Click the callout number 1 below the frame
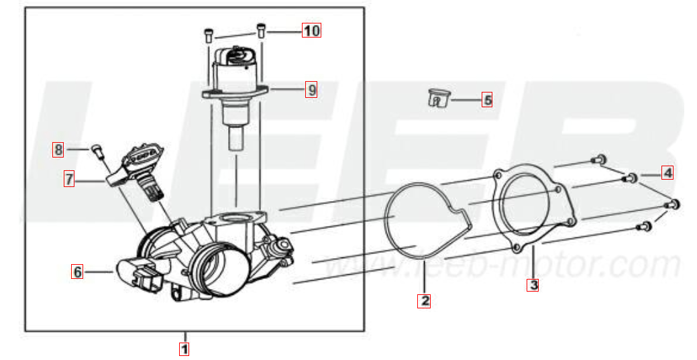(184, 349)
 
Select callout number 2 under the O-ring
(425, 301)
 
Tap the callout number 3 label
(533, 284)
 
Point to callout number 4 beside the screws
(667, 172)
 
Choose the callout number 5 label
(487, 100)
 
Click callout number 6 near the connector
(77, 272)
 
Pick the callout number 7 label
(69, 179)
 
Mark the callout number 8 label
(58, 149)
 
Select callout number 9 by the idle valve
(312, 90)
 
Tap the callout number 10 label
(312, 30)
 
